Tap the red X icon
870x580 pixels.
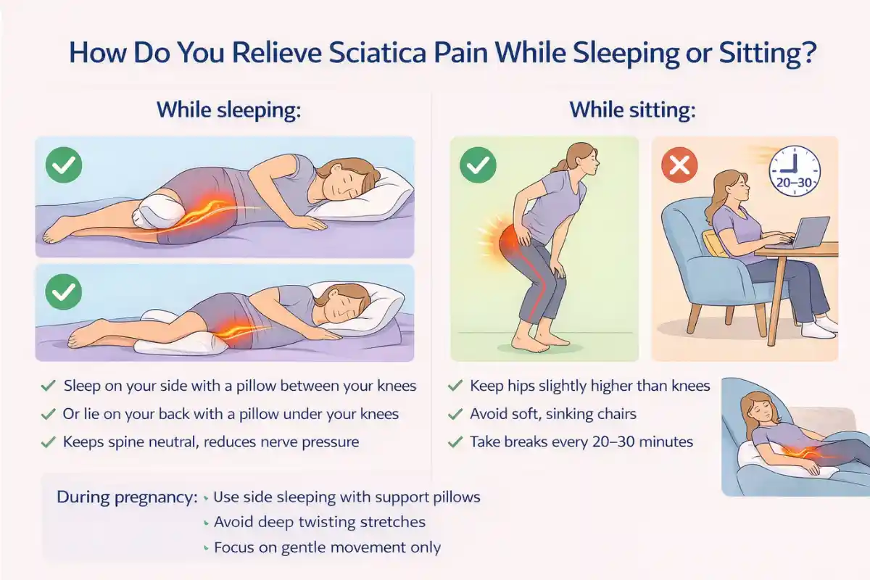(679, 166)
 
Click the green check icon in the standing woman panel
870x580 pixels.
(478, 166)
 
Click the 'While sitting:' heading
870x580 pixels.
(633, 111)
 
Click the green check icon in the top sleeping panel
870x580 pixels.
(64, 166)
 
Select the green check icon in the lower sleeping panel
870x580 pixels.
(64, 294)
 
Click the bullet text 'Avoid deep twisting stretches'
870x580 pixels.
(320, 522)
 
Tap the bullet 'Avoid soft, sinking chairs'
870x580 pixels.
(553, 414)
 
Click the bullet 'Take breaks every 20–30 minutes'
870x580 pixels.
(581, 441)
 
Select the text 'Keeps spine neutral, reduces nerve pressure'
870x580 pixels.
(211, 441)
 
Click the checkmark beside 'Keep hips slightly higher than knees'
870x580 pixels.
(455, 386)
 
